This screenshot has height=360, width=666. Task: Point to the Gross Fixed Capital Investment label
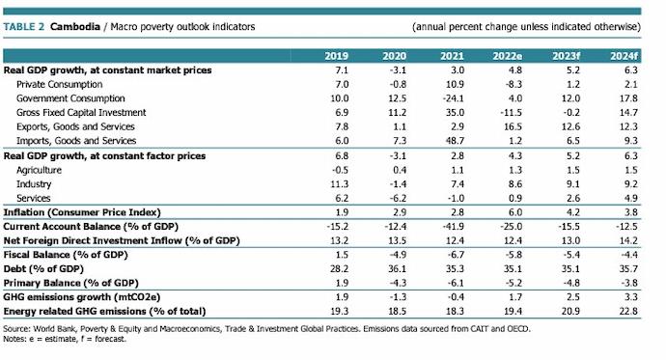[x=77, y=113]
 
